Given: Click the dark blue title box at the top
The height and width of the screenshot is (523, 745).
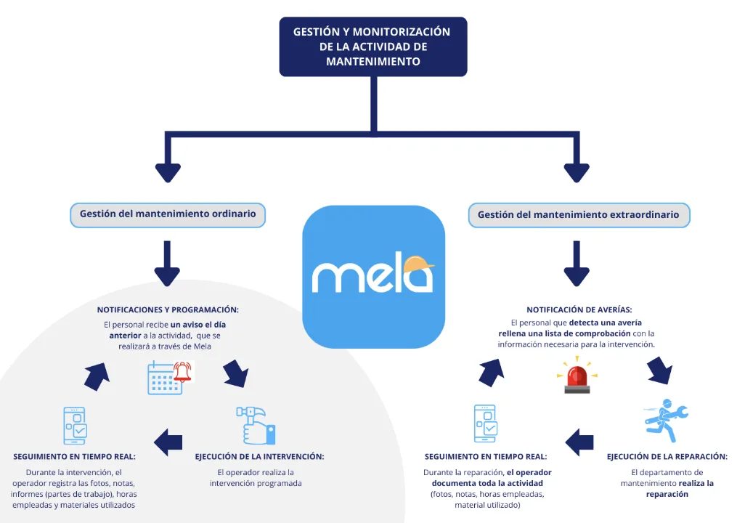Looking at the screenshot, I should tap(372, 46).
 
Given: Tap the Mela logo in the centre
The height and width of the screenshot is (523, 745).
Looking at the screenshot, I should tap(373, 276).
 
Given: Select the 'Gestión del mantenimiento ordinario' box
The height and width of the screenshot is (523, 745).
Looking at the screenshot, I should tap(168, 215).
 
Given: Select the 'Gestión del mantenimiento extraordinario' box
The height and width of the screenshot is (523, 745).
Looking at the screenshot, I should tap(578, 215).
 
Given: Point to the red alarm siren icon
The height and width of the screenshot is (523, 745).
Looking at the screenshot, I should tap(577, 376).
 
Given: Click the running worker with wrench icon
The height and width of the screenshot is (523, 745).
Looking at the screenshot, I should tap(665, 421).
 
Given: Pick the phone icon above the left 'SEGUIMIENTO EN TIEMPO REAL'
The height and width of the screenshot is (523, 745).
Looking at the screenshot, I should tap(74, 426).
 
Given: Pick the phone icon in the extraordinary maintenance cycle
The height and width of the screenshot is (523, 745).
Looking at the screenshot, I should tap(485, 423).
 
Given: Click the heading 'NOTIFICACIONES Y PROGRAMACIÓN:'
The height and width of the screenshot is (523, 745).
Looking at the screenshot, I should tap(168, 310).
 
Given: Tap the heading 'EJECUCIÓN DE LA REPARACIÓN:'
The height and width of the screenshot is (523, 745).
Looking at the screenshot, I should tap(667, 457).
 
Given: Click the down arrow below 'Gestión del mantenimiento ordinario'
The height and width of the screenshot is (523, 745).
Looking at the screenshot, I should tap(167, 264).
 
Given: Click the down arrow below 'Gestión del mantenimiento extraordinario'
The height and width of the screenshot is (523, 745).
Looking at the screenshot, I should tap(577, 264).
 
